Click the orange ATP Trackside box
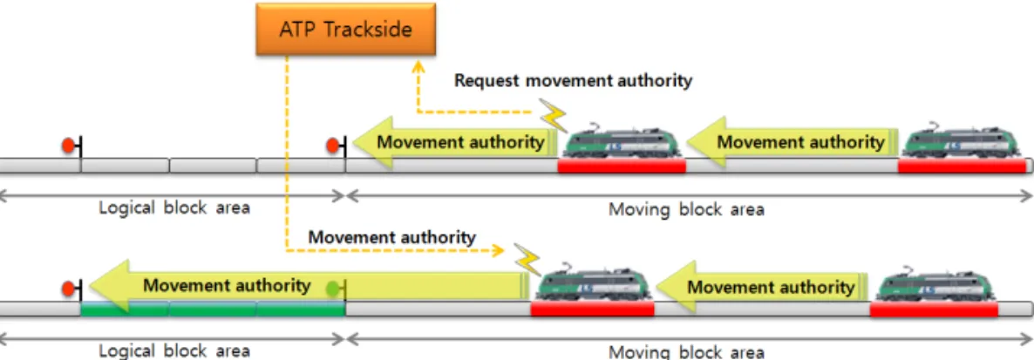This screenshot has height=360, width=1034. click(345, 30)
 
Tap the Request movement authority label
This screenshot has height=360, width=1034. click(574, 81)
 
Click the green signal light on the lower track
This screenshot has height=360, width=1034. click(334, 288)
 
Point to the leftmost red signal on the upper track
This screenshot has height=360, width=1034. click(67, 146)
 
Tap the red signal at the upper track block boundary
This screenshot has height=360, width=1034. click(333, 146)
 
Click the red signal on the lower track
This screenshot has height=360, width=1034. click(67, 289)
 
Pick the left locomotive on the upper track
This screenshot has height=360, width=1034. click(622, 140)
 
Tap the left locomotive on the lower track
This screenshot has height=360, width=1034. click(594, 283)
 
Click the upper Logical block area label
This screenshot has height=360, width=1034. click(174, 207)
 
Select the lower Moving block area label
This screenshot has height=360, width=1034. click(686, 351)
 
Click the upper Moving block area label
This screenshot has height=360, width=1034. click(686, 210)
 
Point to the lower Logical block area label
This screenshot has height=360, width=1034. click(174, 350)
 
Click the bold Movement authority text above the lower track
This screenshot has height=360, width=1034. click(391, 237)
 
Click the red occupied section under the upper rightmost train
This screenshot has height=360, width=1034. click(963, 166)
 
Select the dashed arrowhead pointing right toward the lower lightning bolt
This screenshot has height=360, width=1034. click(500, 250)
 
